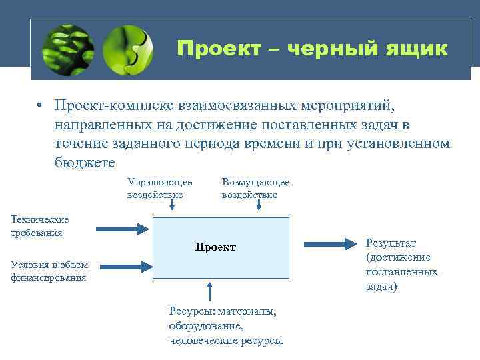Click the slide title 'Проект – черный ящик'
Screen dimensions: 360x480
tap(312, 49)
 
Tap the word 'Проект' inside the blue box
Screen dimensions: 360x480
tap(215, 247)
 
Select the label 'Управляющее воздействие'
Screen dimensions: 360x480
tap(159, 188)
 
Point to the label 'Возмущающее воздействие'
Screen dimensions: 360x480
tap(255, 188)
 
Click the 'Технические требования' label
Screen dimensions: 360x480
tap(39, 226)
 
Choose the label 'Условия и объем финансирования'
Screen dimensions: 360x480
tap(49, 271)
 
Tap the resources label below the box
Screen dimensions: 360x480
tap(225, 325)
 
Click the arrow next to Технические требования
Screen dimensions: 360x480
tap(124, 229)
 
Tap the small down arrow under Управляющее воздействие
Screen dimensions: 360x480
tap(172, 207)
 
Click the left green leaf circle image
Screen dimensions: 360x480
tap(67, 49)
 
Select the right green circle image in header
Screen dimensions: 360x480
tap(128, 49)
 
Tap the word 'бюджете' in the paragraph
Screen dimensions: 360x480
tap(85, 162)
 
